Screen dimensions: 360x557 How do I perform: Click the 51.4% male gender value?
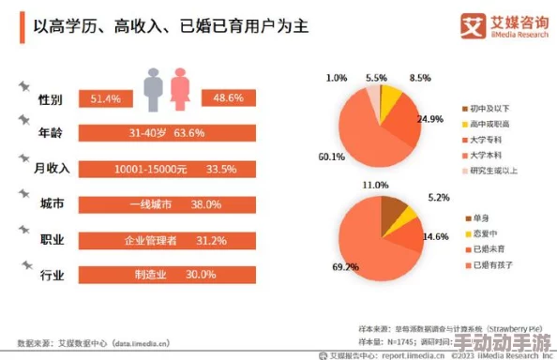coord(106,98)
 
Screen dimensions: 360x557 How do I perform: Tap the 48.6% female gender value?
coord(229,98)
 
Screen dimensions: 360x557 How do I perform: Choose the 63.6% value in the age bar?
coord(188,133)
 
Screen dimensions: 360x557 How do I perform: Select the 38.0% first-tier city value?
coord(205,204)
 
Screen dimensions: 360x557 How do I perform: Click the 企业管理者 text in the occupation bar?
coord(150,240)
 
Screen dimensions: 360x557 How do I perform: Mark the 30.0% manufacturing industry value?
coord(201,275)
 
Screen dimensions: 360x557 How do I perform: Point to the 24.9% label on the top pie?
coord(430,119)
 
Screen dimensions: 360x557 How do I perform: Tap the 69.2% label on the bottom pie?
coord(345,267)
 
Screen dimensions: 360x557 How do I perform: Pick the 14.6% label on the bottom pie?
coord(435,237)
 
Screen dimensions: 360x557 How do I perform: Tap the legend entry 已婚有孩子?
coord(491,266)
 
